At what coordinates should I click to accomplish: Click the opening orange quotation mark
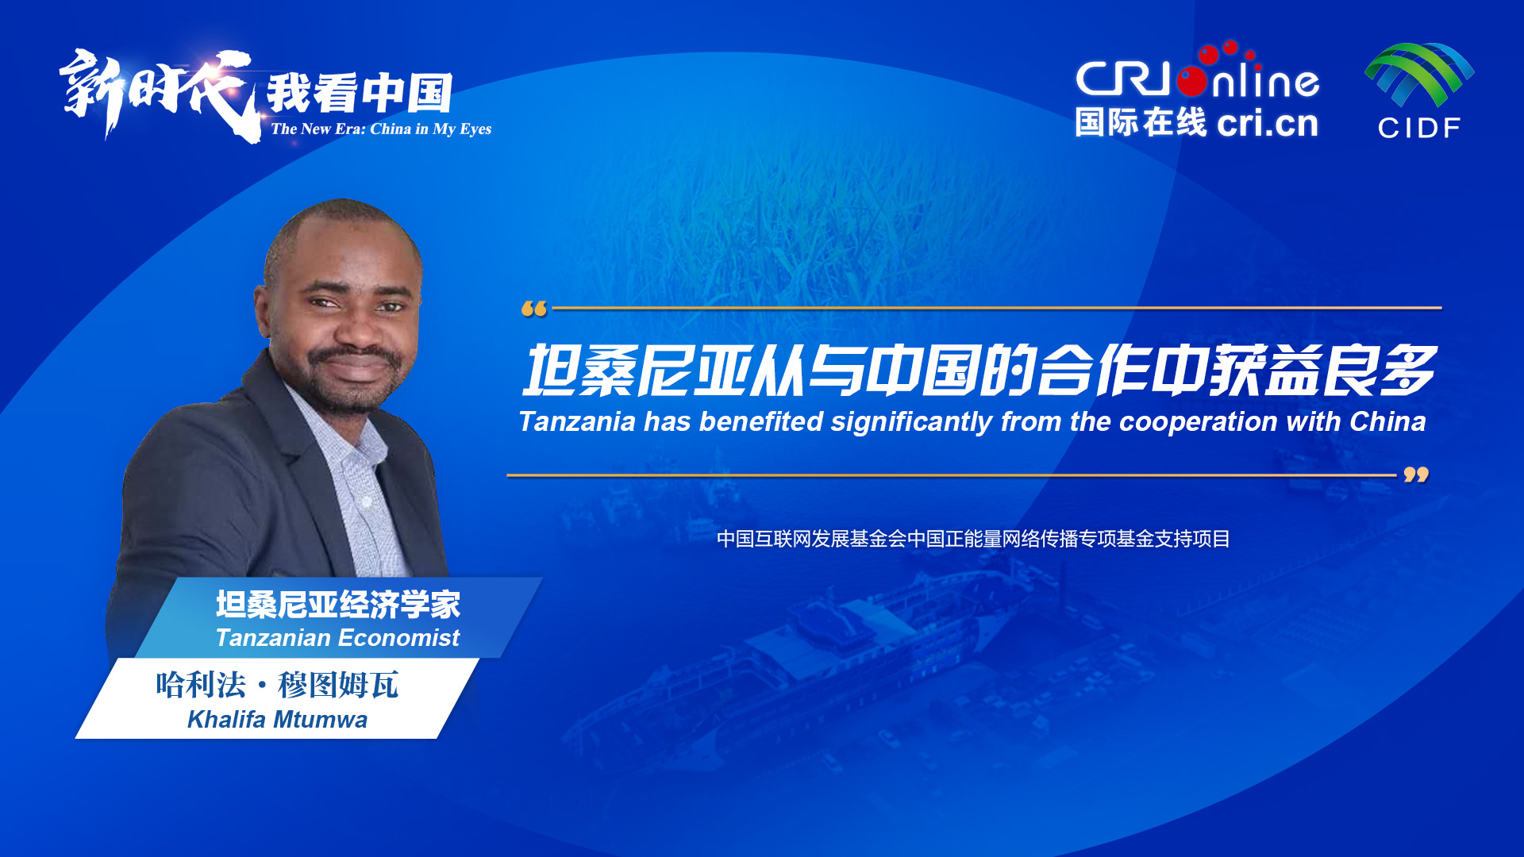(x=534, y=309)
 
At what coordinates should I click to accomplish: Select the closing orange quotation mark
(x=1416, y=475)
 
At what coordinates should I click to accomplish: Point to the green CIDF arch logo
(x=1419, y=74)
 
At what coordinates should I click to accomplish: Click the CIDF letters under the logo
(x=1419, y=128)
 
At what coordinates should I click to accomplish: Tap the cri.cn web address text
(x=1267, y=123)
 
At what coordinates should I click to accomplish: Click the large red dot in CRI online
(x=1192, y=82)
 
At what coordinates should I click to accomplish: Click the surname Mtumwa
(x=321, y=720)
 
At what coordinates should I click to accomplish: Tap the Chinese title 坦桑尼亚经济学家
(x=338, y=604)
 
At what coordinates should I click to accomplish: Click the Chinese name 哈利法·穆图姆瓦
(x=277, y=684)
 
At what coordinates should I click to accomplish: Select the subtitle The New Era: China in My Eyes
(x=381, y=129)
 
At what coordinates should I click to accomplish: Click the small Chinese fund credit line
(x=973, y=539)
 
